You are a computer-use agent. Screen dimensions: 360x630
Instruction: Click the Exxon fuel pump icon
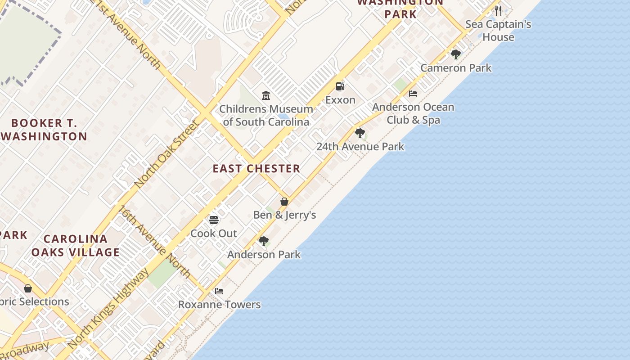click(x=340, y=86)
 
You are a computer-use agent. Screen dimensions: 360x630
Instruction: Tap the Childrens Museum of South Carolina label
click(x=266, y=115)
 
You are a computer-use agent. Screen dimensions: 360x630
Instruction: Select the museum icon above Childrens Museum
click(x=266, y=95)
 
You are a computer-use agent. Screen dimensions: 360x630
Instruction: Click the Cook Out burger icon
click(x=214, y=220)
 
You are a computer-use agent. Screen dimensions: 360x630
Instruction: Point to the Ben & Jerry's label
click(x=284, y=215)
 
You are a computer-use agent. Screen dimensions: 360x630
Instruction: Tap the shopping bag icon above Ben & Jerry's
click(x=284, y=202)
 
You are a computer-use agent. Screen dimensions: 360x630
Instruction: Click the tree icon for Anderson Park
click(x=264, y=241)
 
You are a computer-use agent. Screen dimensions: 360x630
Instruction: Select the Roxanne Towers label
click(x=219, y=305)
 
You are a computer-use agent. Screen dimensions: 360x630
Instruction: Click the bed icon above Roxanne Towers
click(x=219, y=291)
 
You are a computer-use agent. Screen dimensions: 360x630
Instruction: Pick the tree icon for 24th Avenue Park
click(x=360, y=133)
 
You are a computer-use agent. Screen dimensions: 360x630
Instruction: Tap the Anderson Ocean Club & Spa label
click(x=413, y=113)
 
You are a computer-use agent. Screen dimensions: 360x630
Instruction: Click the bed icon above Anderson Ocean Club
click(x=413, y=94)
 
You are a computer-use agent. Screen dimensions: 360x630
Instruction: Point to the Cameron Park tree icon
click(x=455, y=54)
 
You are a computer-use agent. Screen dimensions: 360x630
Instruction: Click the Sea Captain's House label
click(x=498, y=31)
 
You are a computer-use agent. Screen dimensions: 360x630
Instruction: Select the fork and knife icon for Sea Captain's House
click(x=498, y=10)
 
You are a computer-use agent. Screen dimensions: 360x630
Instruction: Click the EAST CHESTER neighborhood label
click(x=256, y=169)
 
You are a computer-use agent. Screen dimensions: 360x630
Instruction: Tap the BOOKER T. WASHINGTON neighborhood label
click(x=44, y=130)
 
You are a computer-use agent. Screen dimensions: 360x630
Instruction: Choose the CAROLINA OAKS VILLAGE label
click(x=75, y=245)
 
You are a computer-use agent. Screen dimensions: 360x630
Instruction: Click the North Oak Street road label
click(x=166, y=154)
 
